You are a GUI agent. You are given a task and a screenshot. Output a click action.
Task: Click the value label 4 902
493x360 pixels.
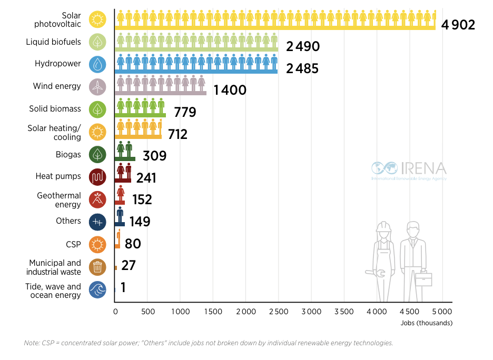pos(459,25)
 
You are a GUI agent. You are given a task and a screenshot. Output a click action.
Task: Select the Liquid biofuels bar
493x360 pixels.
pos(196,43)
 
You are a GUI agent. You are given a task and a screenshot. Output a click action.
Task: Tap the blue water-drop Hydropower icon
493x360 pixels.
pos(98,64)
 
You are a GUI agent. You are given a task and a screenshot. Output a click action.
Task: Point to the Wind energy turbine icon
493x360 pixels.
pos(98,87)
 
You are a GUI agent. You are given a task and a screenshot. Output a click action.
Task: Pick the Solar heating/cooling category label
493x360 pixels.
pos(54,133)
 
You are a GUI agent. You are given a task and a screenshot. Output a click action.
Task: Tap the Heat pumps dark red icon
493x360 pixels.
pos(98,177)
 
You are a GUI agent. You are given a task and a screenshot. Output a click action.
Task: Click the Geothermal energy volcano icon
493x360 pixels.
pos(98,199)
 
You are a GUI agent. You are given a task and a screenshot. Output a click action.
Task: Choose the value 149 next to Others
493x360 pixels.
pos(140,222)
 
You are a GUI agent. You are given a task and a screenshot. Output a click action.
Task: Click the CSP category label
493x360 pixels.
pos(73,244)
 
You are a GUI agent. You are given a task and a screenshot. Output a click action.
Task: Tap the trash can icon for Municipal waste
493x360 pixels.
pos(98,267)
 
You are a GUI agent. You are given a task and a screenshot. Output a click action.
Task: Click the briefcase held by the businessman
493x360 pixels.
pos(423,279)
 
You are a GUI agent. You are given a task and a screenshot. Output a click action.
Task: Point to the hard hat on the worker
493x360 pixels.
pos(383,226)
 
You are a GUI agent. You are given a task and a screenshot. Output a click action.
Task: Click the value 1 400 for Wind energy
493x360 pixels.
pos(230,90)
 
